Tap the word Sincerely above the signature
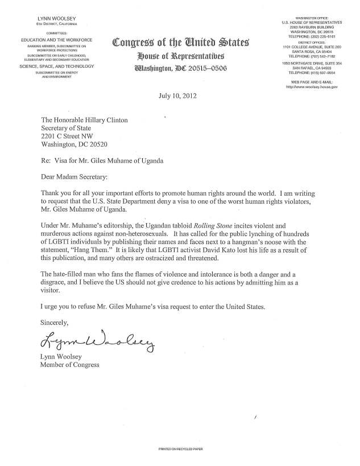click(58, 321)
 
